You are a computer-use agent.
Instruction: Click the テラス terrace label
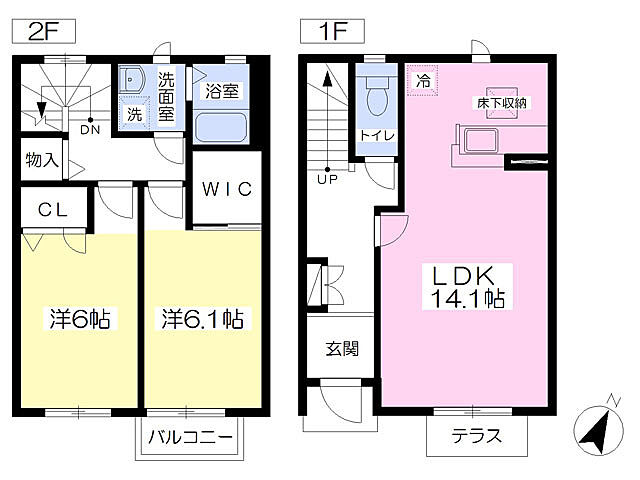tap(475, 437)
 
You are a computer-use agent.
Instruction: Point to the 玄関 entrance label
tap(341, 349)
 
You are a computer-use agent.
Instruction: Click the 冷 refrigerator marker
tap(423, 81)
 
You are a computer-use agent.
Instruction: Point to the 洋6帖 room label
tap(80, 320)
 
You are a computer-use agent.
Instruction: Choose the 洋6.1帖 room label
tap(205, 320)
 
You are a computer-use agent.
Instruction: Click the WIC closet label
tap(230, 190)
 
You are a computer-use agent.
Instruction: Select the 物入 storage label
tap(42, 160)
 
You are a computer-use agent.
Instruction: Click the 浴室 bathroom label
tap(222, 91)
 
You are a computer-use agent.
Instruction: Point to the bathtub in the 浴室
tap(223, 126)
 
